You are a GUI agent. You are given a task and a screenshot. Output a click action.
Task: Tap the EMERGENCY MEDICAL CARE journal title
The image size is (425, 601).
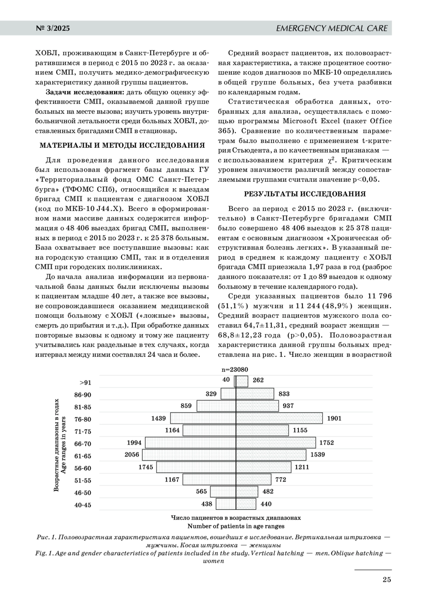pos(331,28)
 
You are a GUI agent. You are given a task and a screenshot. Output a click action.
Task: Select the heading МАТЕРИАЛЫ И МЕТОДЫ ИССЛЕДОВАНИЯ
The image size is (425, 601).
pos(122,145)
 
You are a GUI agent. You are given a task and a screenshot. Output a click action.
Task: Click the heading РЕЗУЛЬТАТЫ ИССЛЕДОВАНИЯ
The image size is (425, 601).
pos(305,194)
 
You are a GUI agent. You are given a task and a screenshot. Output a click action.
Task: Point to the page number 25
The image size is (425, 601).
pos(386,579)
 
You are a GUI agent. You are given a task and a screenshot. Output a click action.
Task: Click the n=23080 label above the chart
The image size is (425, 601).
pos(235,370)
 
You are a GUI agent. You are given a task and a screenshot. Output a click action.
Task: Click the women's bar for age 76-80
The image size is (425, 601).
pos(279,418)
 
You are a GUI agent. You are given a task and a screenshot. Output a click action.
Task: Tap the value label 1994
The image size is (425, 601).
pos(134,442)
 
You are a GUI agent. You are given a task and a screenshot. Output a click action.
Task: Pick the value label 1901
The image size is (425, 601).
pos(334,418)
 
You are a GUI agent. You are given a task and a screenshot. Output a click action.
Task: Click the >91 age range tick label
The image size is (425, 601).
pos(85,383)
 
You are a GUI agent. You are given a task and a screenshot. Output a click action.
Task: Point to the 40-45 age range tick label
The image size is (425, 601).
pos(83,505)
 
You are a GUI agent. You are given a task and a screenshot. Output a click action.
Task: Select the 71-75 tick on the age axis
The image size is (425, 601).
pos(83,431)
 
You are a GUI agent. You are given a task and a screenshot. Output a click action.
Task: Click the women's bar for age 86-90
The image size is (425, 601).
pos(255,394)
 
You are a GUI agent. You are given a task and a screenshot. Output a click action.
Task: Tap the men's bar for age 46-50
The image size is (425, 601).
pos(223,491)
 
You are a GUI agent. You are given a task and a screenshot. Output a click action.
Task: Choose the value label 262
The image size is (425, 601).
pos(258,380)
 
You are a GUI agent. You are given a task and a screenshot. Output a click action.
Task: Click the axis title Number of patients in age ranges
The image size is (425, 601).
pos(236,526)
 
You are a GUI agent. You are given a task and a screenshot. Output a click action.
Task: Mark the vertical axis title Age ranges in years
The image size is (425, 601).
pos(63,445)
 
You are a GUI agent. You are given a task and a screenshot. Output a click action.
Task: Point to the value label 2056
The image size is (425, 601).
pos(132,454)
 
